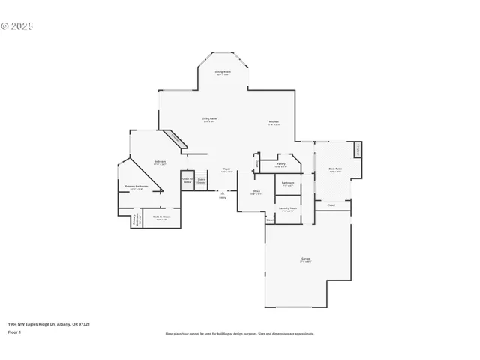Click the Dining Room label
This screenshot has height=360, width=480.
[x=223, y=73]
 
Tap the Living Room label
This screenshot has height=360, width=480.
[x=209, y=119]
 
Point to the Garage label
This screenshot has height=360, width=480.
[x=306, y=260]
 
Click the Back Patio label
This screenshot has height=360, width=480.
[x=334, y=170]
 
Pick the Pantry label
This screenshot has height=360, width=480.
[x=281, y=165]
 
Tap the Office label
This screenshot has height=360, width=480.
[x=256, y=192]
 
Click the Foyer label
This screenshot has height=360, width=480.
[x=226, y=171]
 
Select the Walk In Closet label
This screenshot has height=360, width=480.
[x=162, y=217]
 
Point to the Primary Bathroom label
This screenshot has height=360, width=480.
[x=136, y=187]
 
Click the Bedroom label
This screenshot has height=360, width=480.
[x=160, y=162]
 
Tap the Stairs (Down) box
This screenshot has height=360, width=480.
[x=202, y=181]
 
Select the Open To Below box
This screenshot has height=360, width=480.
[x=187, y=181]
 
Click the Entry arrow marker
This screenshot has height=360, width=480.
[x=222, y=195]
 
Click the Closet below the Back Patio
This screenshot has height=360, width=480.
[x=331, y=205]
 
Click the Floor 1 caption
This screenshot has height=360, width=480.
[x=15, y=331]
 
